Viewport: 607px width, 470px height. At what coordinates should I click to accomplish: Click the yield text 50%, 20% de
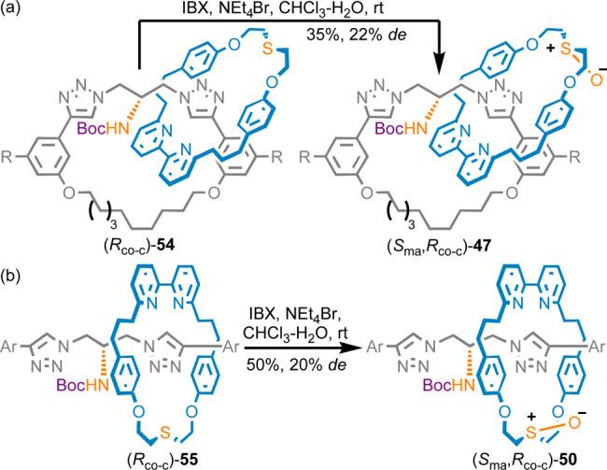click(x=303, y=383)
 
